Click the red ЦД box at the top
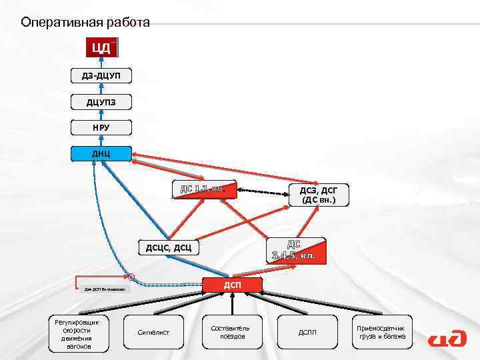coord(101,48)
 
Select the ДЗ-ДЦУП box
coord(101,75)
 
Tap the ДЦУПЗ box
coord(101,102)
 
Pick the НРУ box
coord(101,128)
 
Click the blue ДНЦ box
coord(101,154)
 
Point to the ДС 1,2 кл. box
coord(203,190)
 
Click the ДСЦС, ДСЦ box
coord(169,248)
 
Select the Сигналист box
coord(153,331)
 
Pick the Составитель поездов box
coord(230,331)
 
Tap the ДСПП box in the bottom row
coord(307,331)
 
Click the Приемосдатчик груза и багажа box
coord(381,331)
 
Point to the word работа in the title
coord(127,23)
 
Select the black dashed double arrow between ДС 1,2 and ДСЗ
coord(263,191)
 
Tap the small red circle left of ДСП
coord(131,276)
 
